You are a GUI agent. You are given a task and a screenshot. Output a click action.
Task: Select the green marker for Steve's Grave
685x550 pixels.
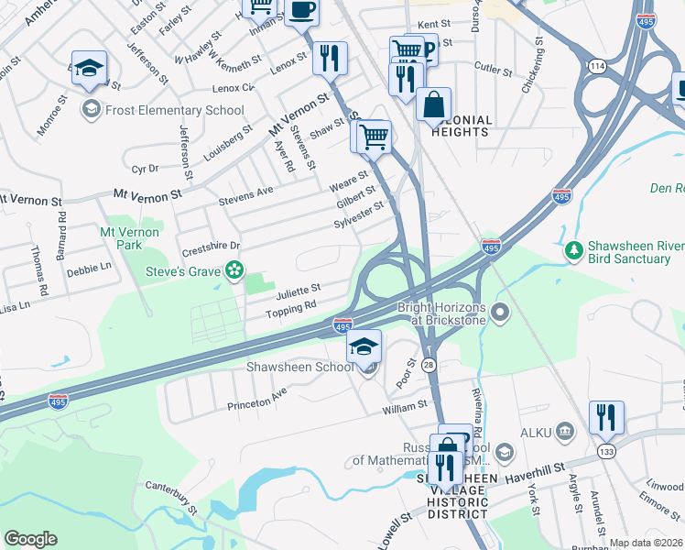coord(234,269)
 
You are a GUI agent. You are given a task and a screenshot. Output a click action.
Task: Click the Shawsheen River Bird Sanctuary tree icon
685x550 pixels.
coord(573,249)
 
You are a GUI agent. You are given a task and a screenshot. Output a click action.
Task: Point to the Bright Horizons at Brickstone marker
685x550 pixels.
coord(500,313)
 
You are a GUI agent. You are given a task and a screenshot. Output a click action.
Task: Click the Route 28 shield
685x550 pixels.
coord(429,365)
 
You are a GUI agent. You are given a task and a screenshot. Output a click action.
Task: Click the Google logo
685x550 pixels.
coord(30,538)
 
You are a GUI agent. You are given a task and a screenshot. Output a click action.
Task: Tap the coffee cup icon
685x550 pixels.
coord(300,11)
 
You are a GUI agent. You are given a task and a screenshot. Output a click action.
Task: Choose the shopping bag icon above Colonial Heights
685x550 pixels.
coord(433,103)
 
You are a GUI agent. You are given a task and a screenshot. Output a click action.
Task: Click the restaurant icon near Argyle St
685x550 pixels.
coord(606,417)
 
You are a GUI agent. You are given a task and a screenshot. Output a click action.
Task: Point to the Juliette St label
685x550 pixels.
coord(299,291)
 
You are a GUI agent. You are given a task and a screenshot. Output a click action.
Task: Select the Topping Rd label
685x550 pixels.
coord(290,308)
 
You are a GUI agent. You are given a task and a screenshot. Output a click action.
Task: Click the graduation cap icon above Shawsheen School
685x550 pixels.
coord(364,346)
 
